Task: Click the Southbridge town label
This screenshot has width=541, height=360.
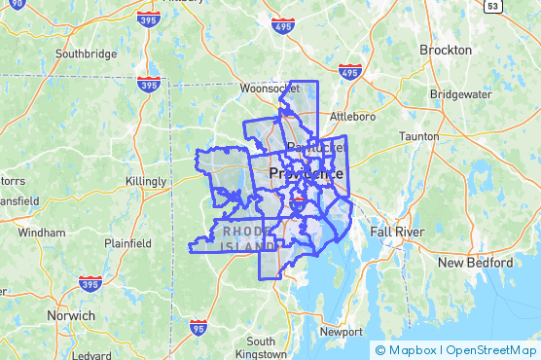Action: click(87, 54)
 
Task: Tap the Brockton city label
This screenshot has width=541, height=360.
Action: click(446, 50)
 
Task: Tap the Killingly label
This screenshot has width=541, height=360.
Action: click(147, 182)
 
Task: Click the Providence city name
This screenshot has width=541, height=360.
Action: click(305, 173)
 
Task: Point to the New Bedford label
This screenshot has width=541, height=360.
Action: click(475, 263)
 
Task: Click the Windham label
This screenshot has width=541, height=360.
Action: click(42, 233)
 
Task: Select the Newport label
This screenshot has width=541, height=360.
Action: click(342, 331)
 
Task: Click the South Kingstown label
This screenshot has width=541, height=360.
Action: click(261, 347)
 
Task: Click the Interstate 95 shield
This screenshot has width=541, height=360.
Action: click(198, 328)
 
